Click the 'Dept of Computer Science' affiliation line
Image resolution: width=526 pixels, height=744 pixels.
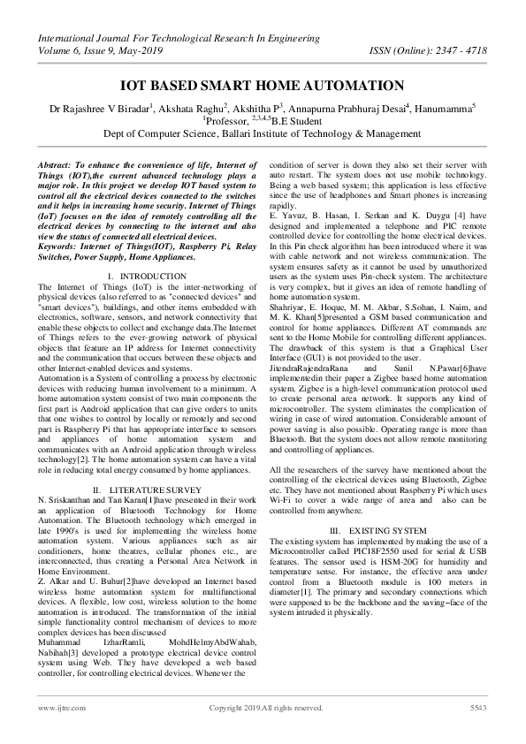tap(263, 133)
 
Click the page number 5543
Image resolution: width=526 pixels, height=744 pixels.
tap(478, 709)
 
